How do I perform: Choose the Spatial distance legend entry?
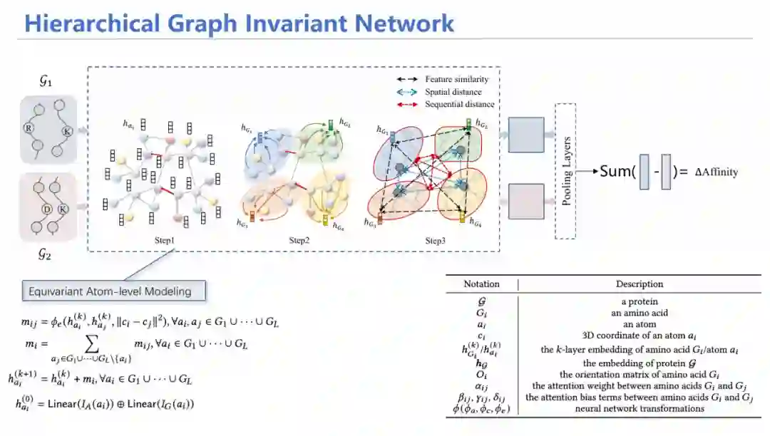pos(453,92)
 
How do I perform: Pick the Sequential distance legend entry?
pos(459,104)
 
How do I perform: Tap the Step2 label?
pos(299,241)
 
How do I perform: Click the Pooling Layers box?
pos(565,170)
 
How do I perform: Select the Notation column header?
pos(482,284)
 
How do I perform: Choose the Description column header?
pos(640,284)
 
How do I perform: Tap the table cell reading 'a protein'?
pos(640,301)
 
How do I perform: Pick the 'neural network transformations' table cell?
pos(640,409)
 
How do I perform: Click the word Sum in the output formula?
pos(617,172)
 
